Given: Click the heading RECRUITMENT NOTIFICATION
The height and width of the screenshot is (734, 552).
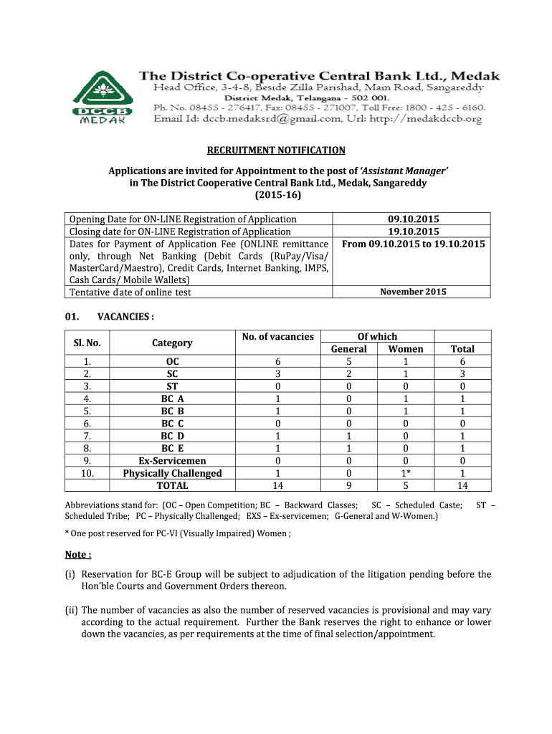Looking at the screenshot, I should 276,151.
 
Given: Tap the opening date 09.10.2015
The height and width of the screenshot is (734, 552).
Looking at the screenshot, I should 414,219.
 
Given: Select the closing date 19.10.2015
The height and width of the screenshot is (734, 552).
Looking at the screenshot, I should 414,232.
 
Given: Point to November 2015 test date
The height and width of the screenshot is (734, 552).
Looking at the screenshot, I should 413,292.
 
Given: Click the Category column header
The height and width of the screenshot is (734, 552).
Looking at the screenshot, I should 172,343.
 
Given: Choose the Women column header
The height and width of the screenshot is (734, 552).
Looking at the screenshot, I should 406,349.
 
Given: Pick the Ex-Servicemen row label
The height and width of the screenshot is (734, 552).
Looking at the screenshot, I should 172,460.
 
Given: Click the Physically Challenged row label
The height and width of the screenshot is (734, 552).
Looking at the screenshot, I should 172,473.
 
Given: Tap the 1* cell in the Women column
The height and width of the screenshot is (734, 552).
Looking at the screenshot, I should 406,473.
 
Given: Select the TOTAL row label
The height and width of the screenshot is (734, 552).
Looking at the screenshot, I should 172,485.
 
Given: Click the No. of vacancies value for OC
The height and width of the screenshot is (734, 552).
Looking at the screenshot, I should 278,362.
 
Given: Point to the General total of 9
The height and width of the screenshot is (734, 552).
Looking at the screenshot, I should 348,485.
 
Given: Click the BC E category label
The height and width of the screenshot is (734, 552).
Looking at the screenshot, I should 172,448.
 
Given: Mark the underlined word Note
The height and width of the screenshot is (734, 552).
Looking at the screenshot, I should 78,555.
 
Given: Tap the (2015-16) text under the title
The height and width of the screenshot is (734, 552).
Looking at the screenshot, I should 277,195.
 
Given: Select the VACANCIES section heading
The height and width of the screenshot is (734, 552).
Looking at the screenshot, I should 125,317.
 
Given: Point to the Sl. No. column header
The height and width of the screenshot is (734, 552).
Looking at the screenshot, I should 87,343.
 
